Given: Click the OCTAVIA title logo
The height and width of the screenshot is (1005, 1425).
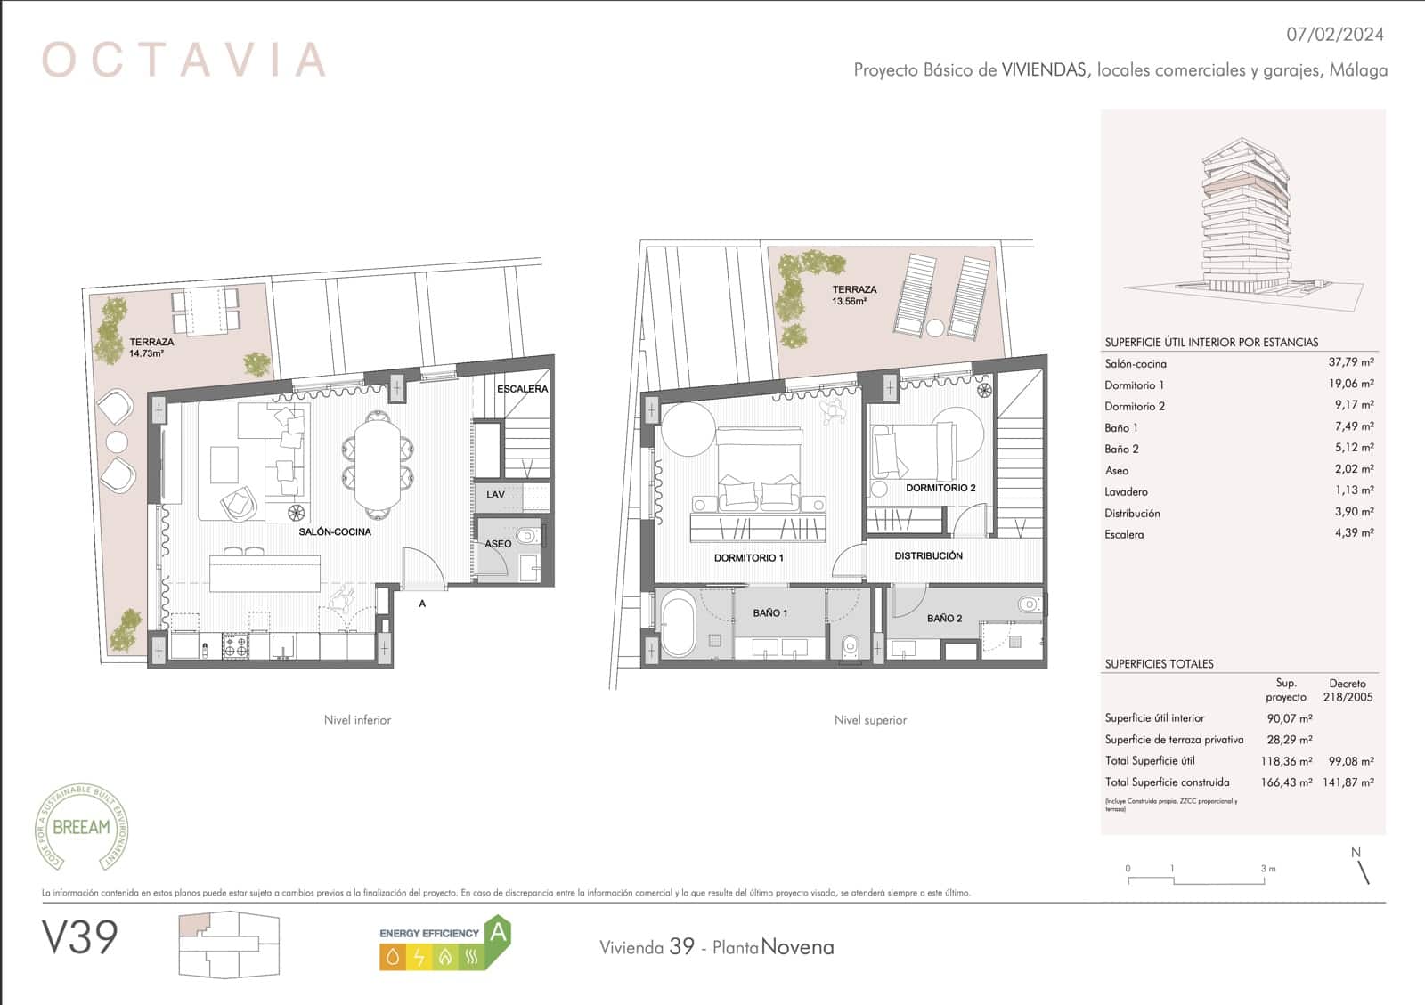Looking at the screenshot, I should (x=183, y=60).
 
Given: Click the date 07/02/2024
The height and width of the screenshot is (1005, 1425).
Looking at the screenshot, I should (x=1335, y=35).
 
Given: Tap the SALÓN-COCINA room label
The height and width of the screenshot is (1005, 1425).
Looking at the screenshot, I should (x=335, y=531).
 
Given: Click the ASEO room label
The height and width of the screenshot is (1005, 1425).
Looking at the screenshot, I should (x=498, y=544).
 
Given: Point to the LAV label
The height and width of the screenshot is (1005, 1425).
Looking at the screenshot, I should (x=495, y=494).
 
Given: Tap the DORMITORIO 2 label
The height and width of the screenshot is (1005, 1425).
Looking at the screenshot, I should (x=940, y=488).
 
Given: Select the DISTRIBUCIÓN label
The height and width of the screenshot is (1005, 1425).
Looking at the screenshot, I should (x=928, y=555).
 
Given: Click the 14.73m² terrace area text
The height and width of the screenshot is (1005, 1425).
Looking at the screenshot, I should (x=145, y=354).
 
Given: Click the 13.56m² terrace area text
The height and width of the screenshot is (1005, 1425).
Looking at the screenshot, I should (x=850, y=302).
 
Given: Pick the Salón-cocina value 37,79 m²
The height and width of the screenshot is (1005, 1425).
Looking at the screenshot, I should (x=1350, y=362).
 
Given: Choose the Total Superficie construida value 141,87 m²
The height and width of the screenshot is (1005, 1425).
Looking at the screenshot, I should (x=1350, y=782).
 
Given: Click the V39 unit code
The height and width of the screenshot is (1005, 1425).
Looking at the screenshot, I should (x=80, y=937).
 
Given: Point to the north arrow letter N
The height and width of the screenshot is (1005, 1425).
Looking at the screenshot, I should (x=1356, y=852).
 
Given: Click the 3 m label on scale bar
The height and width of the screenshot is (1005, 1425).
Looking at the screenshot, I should (x=1267, y=868).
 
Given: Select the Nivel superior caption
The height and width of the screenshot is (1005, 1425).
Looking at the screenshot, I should (x=869, y=720).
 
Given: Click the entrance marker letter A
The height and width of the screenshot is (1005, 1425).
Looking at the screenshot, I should (x=422, y=604).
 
